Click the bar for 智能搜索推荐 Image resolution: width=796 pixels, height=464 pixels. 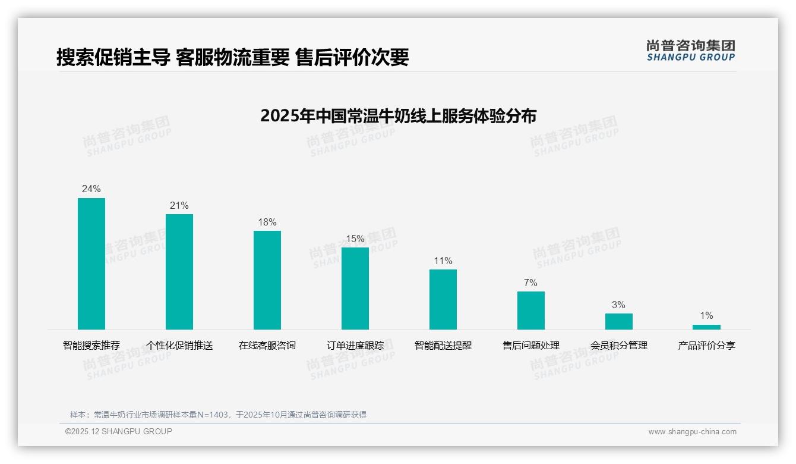(91, 264)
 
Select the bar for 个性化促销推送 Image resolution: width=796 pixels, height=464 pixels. (179, 272)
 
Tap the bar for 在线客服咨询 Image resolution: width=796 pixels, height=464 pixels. (267, 280)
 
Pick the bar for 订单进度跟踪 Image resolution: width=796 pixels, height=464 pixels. (355, 289)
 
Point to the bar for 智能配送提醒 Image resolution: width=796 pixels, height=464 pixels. (443, 299)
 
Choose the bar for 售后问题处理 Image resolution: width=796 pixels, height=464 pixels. (531, 311)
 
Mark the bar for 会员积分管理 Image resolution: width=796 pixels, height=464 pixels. (619, 321)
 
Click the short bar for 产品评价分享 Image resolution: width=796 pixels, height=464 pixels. (706, 327)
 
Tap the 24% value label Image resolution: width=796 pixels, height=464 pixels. (91, 189)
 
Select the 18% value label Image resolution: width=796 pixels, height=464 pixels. (267, 222)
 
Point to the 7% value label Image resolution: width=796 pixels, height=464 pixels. (530, 283)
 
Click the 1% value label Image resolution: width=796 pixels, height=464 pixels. (706, 316)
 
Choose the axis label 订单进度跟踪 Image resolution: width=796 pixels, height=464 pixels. (355, 345)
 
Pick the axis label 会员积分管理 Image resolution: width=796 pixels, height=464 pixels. (619, 345)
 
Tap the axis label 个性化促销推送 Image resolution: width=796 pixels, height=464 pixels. (179, 345)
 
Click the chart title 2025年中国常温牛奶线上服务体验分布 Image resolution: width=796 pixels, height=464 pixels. (398, 115)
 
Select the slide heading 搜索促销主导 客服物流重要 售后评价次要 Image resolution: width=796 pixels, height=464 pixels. (232, 57)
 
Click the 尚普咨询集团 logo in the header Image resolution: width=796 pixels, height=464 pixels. (691, 50)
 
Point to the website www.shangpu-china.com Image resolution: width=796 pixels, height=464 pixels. (692, 432)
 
